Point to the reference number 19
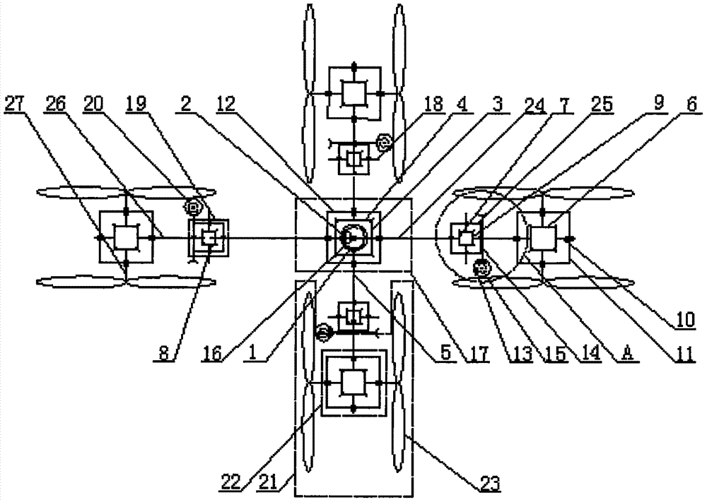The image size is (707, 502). tap(136, 104)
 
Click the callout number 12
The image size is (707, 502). tap(225, 104)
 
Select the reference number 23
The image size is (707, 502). tap(489, 484)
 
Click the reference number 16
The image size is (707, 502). tap(212, 354)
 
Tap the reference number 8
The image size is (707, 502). tap(164, 354)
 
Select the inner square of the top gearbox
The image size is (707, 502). tap(354, 93)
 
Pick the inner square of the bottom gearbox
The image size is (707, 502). tap(353, 382)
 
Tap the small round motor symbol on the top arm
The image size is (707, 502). tap(385, 143)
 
